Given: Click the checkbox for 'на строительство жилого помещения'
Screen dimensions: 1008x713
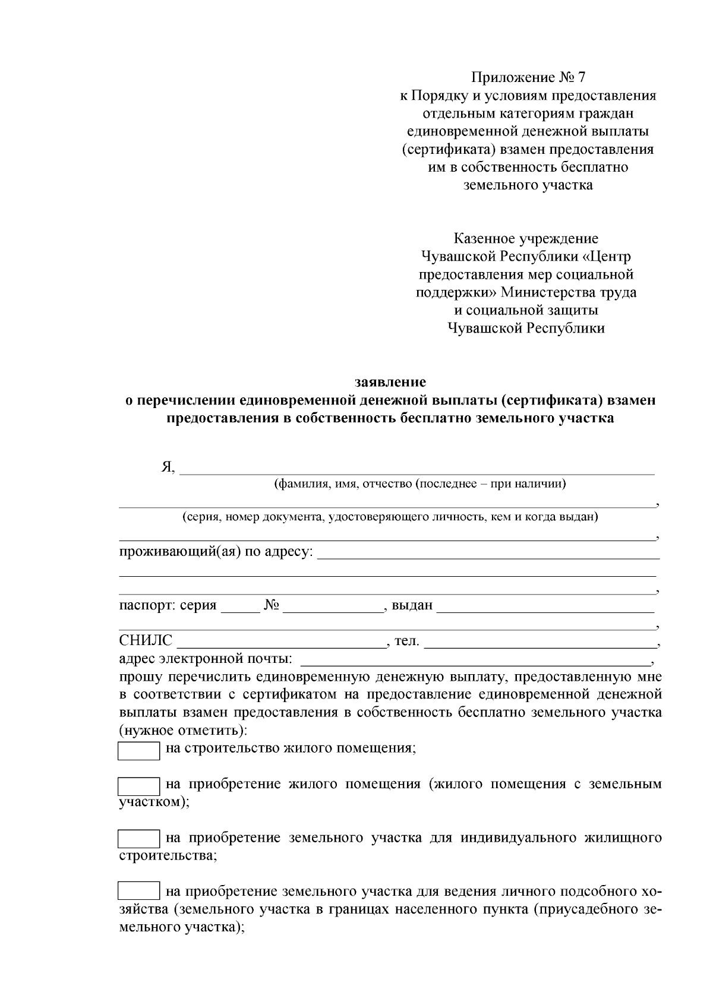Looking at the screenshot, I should coord(138,750).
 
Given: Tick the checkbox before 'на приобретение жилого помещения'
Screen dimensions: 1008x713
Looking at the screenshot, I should coord(138,786).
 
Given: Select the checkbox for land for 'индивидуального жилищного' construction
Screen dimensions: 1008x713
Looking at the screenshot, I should coord(138,839).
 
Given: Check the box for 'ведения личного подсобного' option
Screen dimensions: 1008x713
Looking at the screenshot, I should coord(138,892).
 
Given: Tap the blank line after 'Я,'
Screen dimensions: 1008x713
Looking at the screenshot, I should coord(416,469).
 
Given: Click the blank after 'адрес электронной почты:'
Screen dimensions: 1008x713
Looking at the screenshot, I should coord(475,659).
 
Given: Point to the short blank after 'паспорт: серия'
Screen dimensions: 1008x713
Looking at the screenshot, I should coord(240,607).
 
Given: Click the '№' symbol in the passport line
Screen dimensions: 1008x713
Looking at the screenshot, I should coord(272,606).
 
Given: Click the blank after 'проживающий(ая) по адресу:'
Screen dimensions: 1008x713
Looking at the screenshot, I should coord(488,553).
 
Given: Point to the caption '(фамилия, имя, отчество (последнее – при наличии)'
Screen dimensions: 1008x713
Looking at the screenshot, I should coord(419,484).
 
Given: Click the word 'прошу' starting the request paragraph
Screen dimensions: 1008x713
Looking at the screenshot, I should coord(141,677).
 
